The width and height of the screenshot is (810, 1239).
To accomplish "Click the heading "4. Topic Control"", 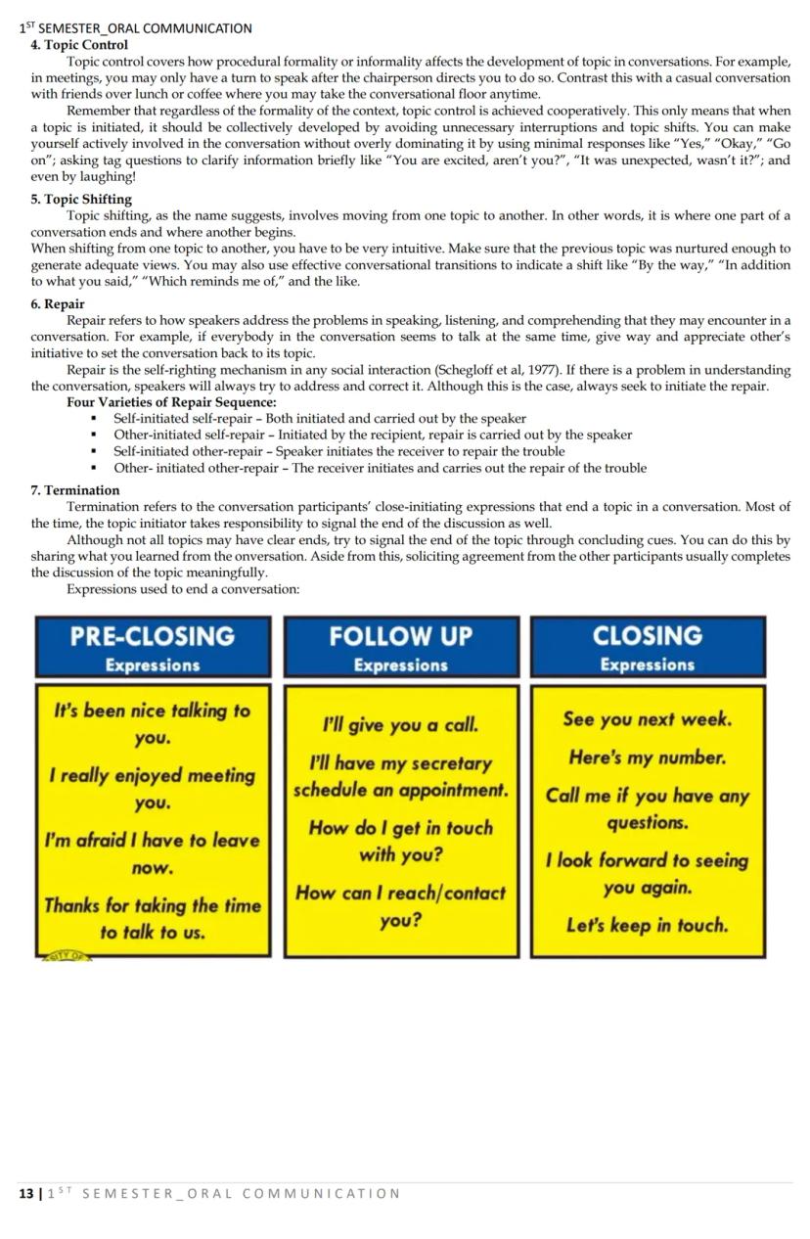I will (x=79, y=45).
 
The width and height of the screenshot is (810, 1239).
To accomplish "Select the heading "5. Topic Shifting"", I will (x=81, y=200).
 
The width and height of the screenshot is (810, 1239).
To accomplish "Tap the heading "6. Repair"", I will (x=58, y=304).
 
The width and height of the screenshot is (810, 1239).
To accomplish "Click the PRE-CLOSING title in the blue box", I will (x=153, y=636).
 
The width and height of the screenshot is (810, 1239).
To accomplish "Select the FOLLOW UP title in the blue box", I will (x=401, y=636).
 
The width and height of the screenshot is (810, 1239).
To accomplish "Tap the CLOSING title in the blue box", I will (x=648, y=635).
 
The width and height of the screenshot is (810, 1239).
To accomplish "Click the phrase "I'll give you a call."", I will (x=401, y=725).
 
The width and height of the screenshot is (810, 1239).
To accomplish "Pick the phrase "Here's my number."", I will (x=648, y=757).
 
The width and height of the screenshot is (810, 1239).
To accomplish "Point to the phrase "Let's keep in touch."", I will (x=648, y=925).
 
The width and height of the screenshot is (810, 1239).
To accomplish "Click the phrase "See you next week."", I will (x=648, y=719).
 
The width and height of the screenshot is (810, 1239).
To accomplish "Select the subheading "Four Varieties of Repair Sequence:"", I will (x=171, y=402).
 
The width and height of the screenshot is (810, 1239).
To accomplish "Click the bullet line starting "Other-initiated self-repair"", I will (x=373, y=435).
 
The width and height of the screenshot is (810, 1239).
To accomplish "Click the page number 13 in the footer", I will (x=25, y=1193).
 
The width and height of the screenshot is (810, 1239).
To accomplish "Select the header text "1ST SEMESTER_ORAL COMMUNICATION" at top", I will (x=136, y=28).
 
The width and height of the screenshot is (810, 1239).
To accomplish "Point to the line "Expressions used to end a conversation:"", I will (x=183, y=589).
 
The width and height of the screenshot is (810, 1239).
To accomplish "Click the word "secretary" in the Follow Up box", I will (x=454, y=763).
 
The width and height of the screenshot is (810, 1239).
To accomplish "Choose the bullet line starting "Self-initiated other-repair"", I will (x=338, y=451).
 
